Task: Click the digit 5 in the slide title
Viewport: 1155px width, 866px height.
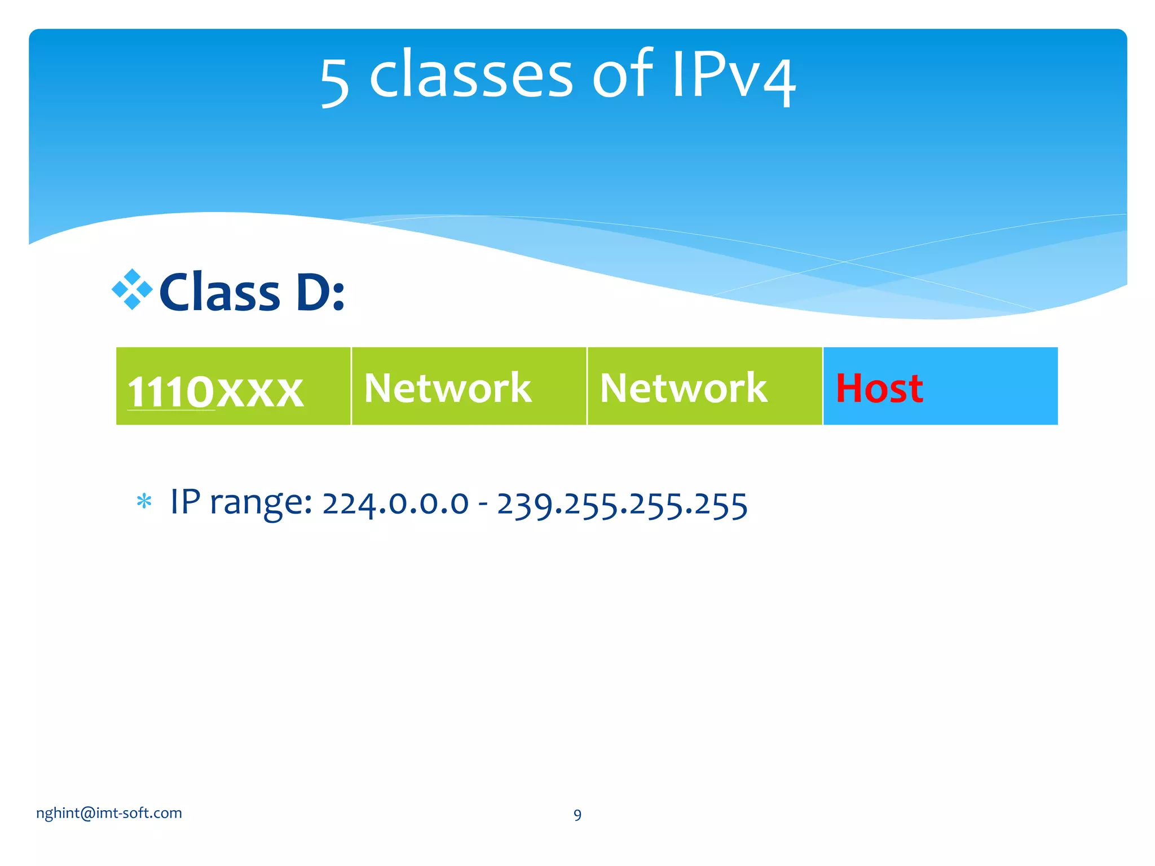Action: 335,82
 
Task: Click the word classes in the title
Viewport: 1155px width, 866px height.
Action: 471,75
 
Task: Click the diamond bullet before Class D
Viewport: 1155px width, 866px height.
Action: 132,289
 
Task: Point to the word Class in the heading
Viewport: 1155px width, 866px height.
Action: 220,292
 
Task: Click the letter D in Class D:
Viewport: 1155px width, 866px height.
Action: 312,292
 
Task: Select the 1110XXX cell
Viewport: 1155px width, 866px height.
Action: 233,387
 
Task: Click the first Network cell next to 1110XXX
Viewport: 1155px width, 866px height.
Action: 469,387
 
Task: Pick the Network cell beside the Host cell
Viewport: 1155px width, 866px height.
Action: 704,387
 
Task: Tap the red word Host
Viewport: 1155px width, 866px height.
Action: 879,388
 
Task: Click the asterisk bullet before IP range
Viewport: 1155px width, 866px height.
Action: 144,501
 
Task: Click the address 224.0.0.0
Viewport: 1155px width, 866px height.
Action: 395,503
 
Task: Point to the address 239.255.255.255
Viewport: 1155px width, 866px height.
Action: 622,505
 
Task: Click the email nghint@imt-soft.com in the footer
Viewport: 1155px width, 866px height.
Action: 109,813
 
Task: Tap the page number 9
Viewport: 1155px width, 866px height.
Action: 577,815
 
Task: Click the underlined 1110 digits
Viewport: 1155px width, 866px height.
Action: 171,392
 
